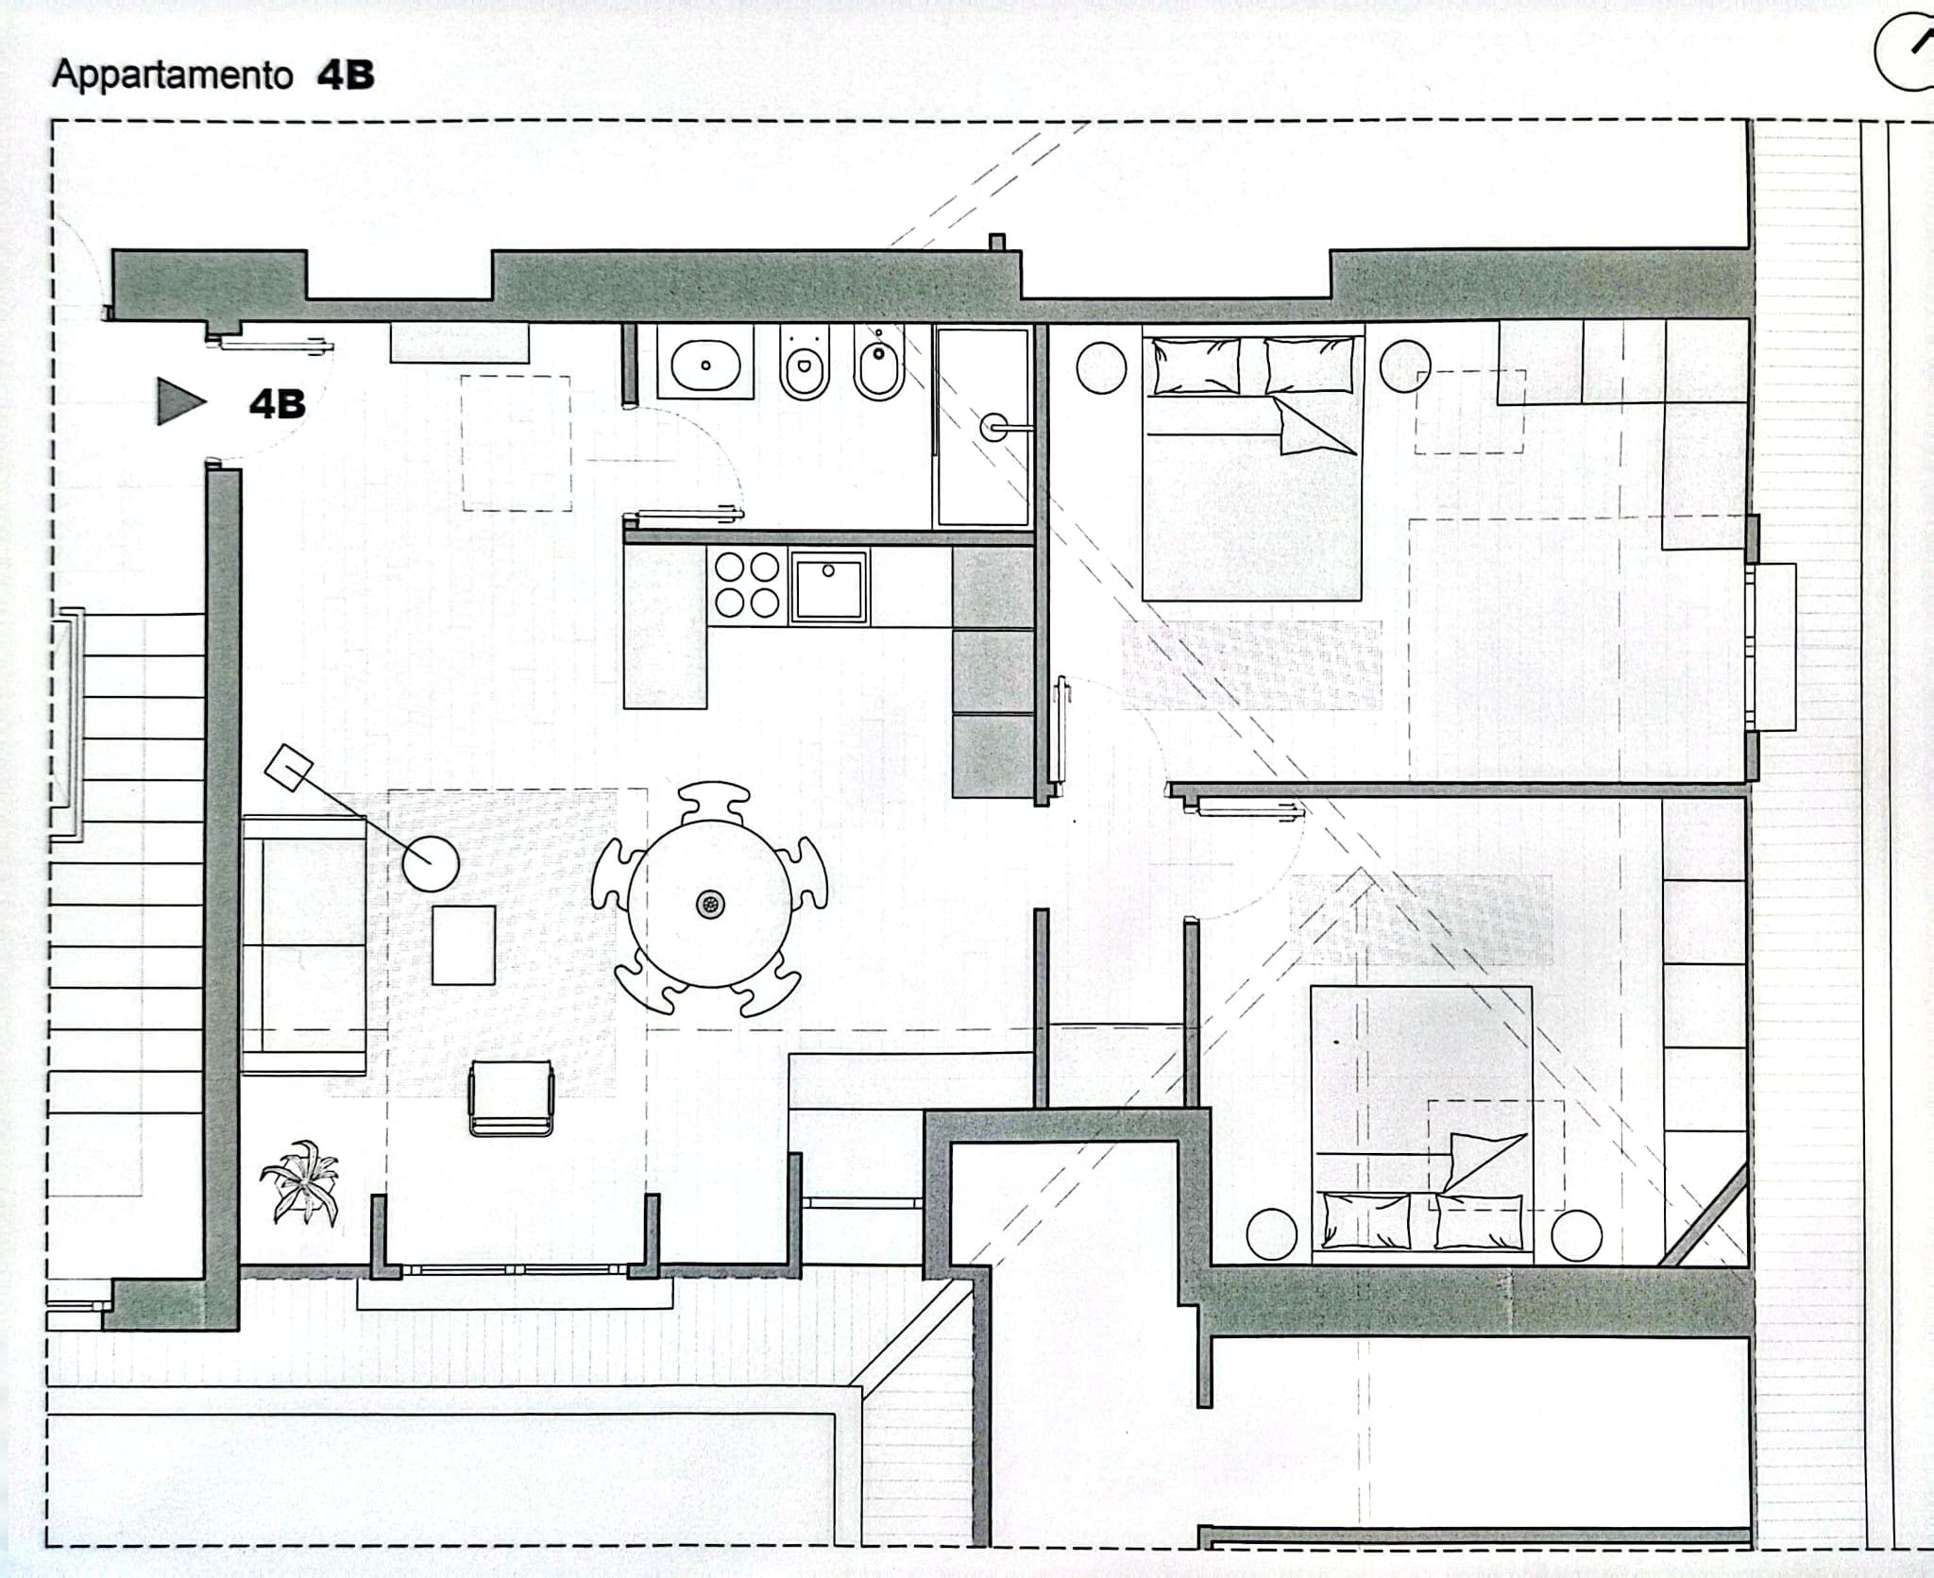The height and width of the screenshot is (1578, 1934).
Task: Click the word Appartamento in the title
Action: (172, 75)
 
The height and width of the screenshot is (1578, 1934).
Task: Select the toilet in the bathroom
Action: (805, 364)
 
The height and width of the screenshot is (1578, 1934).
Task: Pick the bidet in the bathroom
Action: (879, 364)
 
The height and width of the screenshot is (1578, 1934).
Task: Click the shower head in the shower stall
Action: (993, 428)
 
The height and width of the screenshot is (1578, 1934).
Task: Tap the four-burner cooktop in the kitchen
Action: (747, 585)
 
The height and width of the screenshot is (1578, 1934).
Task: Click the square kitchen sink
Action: (829, 586)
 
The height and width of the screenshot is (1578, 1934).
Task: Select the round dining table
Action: (710, 904)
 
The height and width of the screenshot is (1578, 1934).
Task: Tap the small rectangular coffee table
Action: (464, 945)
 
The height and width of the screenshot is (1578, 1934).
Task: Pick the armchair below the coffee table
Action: (511, 1097)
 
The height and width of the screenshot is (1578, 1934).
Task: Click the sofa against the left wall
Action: (303, 945)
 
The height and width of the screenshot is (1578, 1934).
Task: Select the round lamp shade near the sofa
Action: (431, 863)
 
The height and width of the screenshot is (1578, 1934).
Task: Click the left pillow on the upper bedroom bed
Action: (1196, 365)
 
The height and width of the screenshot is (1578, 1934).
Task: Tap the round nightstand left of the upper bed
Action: (1101, 366)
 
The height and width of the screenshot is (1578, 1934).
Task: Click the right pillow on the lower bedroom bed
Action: (1478, 1221)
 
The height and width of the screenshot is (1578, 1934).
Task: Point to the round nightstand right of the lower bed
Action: (1576, 1234)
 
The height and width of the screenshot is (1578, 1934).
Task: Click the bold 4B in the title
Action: (346, 76)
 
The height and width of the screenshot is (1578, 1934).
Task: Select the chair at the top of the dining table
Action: (714, 803)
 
